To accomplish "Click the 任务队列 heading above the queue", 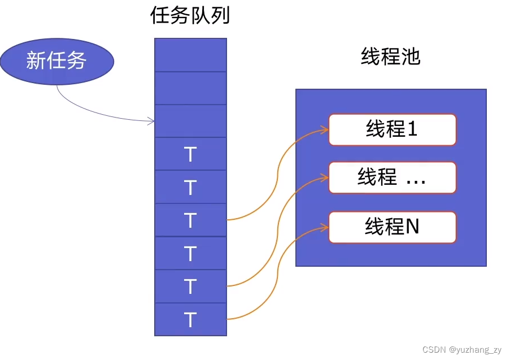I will (x=190, y=16).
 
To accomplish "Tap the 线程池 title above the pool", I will (x=390, y=57).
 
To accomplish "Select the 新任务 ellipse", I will (x=56, y=60).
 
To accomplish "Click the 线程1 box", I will (x=392, y=129).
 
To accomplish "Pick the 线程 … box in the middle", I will (x=392, y=177).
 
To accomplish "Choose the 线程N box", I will (x=392, y=227).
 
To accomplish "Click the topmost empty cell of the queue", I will (x=190, y=55).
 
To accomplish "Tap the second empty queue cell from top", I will (x=190, y=88).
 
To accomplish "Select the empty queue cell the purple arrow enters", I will (x=190, y=120).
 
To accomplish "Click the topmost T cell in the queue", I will (x=190, y=154).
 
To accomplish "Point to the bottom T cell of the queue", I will (x=190, y=320).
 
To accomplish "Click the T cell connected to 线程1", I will (x=190, y=220).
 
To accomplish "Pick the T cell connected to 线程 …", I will (x=190, y=287).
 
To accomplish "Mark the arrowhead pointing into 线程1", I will (x=325, y=130).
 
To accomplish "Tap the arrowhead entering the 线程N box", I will (x=325, y=227).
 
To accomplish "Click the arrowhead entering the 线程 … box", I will (x=325, y=177).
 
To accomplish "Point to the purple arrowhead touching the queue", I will (x=151, y=120).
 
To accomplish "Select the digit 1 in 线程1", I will (x=412, y=129).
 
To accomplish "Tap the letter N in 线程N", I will (x=412, y=227).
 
